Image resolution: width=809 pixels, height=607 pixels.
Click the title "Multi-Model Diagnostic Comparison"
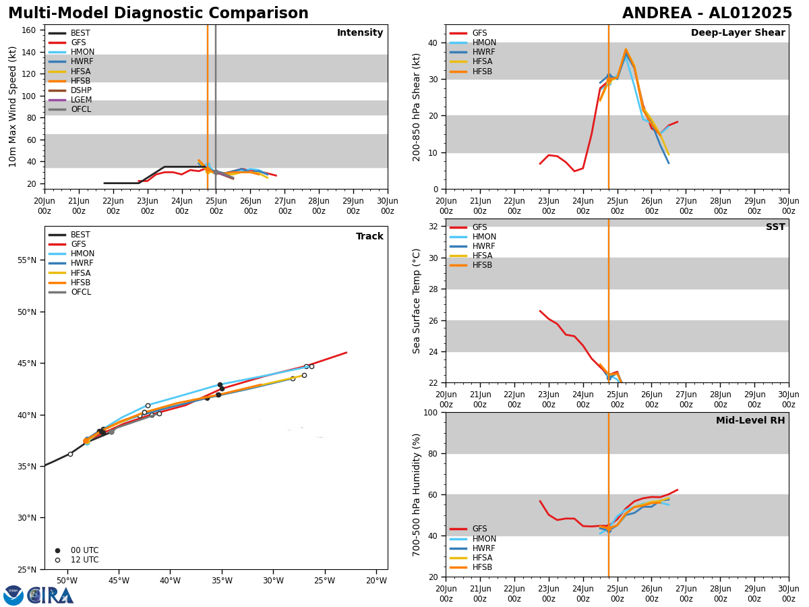[x=158, y=13]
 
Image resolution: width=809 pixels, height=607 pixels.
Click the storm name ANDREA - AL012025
[x=707, y=13]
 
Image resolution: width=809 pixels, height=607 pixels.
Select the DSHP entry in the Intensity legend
[x=81, y=90]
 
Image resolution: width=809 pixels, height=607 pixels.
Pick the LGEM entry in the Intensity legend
[x=81, y=100]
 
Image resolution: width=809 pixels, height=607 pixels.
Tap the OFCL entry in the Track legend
[x=81, y=292]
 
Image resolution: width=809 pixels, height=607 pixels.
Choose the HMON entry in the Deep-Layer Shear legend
[x=484, y=42]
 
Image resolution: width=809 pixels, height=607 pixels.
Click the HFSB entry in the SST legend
[x=482, y=265]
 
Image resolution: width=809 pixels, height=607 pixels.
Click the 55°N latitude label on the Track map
[x=26, y=260]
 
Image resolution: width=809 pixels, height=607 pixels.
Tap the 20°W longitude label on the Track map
[x=376, y=581]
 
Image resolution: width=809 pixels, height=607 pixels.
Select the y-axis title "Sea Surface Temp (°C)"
[x=417, y=301]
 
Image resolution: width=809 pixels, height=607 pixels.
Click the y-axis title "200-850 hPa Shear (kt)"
[x=417, y=107]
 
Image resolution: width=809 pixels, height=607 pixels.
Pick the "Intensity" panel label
[x=360, y=33]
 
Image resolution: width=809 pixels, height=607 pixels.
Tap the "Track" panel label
[x=369, y=237]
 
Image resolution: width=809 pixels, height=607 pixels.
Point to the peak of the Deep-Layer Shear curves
[x=626, y=50]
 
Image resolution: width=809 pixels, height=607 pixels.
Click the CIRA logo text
[x=51, y=596]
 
